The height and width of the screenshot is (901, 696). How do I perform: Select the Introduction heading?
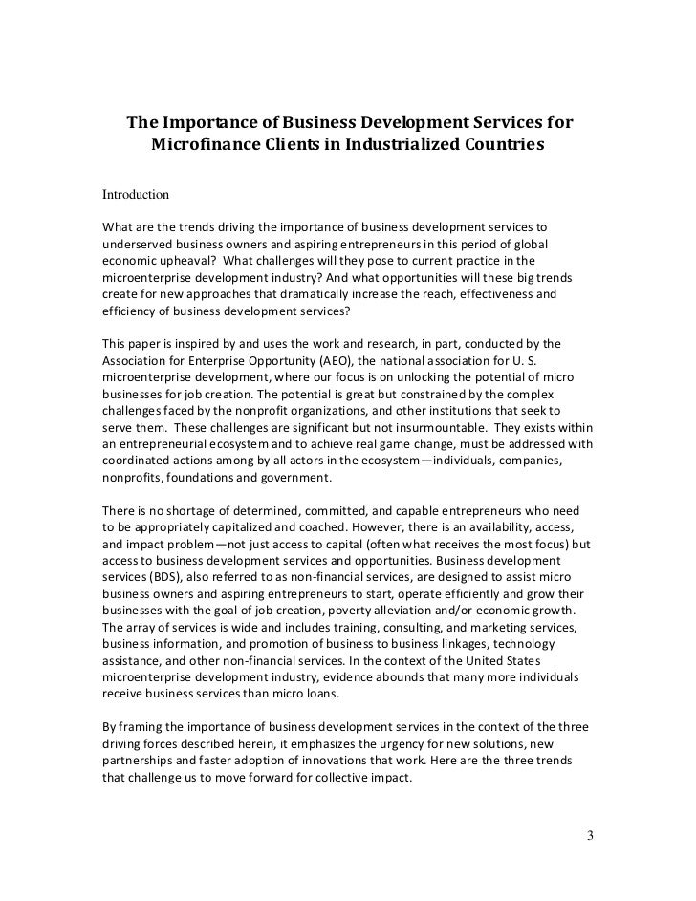pos(136,194)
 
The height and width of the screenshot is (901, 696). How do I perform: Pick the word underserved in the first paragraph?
pos(139,243)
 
